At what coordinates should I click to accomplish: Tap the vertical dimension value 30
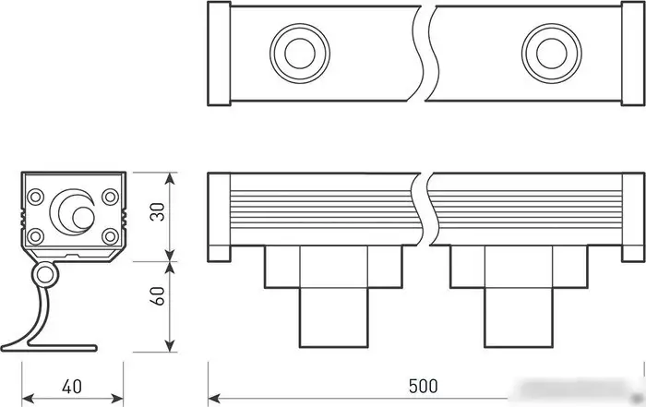point(158,212)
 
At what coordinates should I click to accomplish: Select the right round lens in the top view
point(550,52)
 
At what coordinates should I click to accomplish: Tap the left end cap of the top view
point(219,53)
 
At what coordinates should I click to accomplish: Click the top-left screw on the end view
point(36,197)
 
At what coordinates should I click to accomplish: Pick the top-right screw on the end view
point(110,197)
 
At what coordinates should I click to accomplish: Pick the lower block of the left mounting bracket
point(333,316)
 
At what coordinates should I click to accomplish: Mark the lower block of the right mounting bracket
point(518,316)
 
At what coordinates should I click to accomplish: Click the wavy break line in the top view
point(425,53)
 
